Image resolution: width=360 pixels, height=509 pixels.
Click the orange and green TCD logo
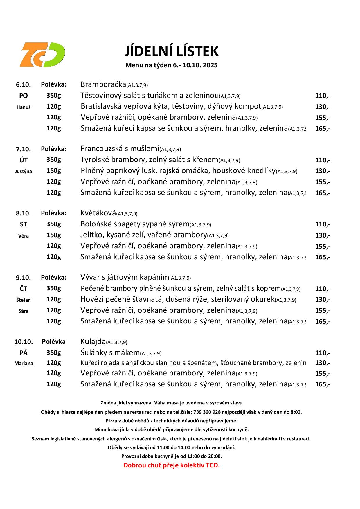coord(42,55)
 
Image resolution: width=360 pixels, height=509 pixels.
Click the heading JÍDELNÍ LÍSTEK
coord(171,51)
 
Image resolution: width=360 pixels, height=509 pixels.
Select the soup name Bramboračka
coord(103,84)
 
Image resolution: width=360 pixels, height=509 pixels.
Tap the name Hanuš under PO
coord(23,107)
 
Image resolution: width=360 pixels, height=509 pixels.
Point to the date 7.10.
coord(23,149)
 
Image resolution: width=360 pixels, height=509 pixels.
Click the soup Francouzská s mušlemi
coord(120,149)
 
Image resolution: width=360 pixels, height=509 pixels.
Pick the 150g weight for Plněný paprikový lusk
coord(54,171)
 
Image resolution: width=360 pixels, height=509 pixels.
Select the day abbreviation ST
coord(23,224)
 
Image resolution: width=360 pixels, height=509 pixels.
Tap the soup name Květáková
coord(98,213)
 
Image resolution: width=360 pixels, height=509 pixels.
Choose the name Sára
coord(23,311)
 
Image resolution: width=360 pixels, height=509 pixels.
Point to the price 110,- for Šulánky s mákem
coord(323,353)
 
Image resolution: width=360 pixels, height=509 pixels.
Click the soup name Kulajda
coord(93,341)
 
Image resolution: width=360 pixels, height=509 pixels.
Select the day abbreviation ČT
coord(23,289)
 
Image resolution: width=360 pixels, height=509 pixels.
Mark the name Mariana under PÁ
coord(24,363)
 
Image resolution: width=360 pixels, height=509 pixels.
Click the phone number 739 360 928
coord(207,412)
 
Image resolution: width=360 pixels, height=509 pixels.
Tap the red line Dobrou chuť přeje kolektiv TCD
coord(172,465)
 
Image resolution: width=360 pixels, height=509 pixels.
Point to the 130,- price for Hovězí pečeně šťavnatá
coord(323,300)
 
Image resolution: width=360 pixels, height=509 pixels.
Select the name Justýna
coord(23,171)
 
